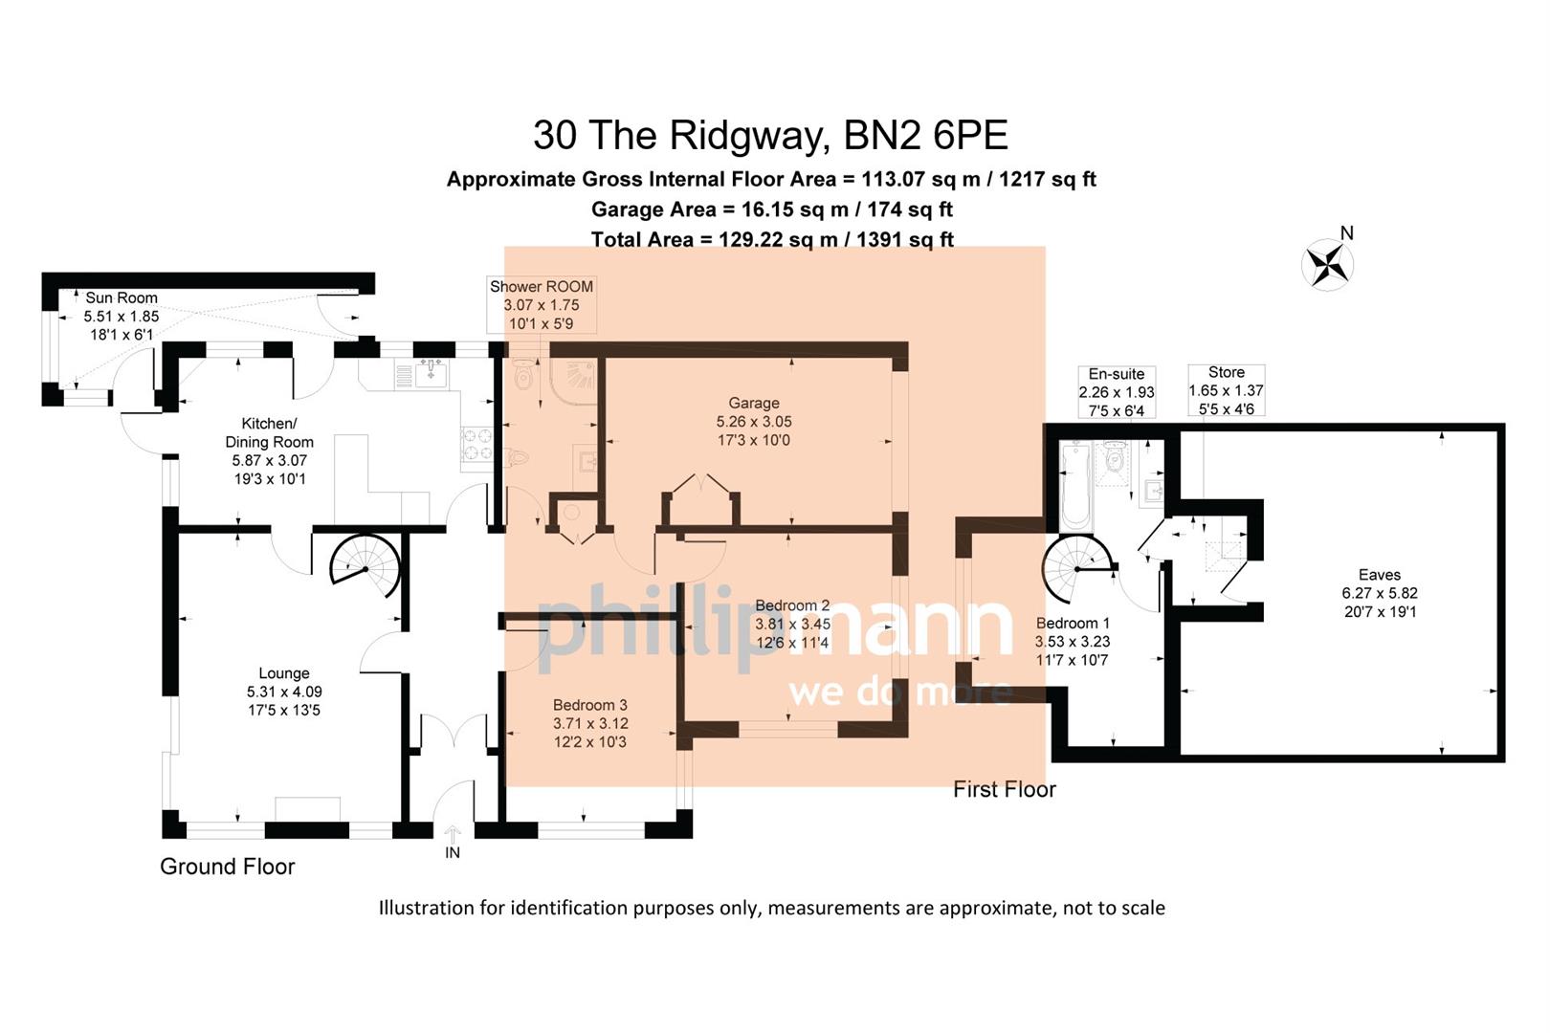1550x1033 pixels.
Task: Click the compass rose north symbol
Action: pyautogui.click(x=1328, y=263)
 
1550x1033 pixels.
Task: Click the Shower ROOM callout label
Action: pyautogui.click(x=542, y=305)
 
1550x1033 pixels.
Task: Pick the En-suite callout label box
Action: pyautogui.click(x=1116, y=392)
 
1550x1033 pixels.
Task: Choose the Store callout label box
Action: pyautogui.click(x=1226, y=390)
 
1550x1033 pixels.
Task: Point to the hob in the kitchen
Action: pyautogui.click(x=477, y=443)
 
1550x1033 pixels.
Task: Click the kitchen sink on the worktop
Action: pyautogui.click(x=431, y=373)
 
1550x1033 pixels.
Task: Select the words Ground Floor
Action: pyautogui.click(x=227, y=867)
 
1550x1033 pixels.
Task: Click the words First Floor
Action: pyautogui.click(x=1005, y=789)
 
